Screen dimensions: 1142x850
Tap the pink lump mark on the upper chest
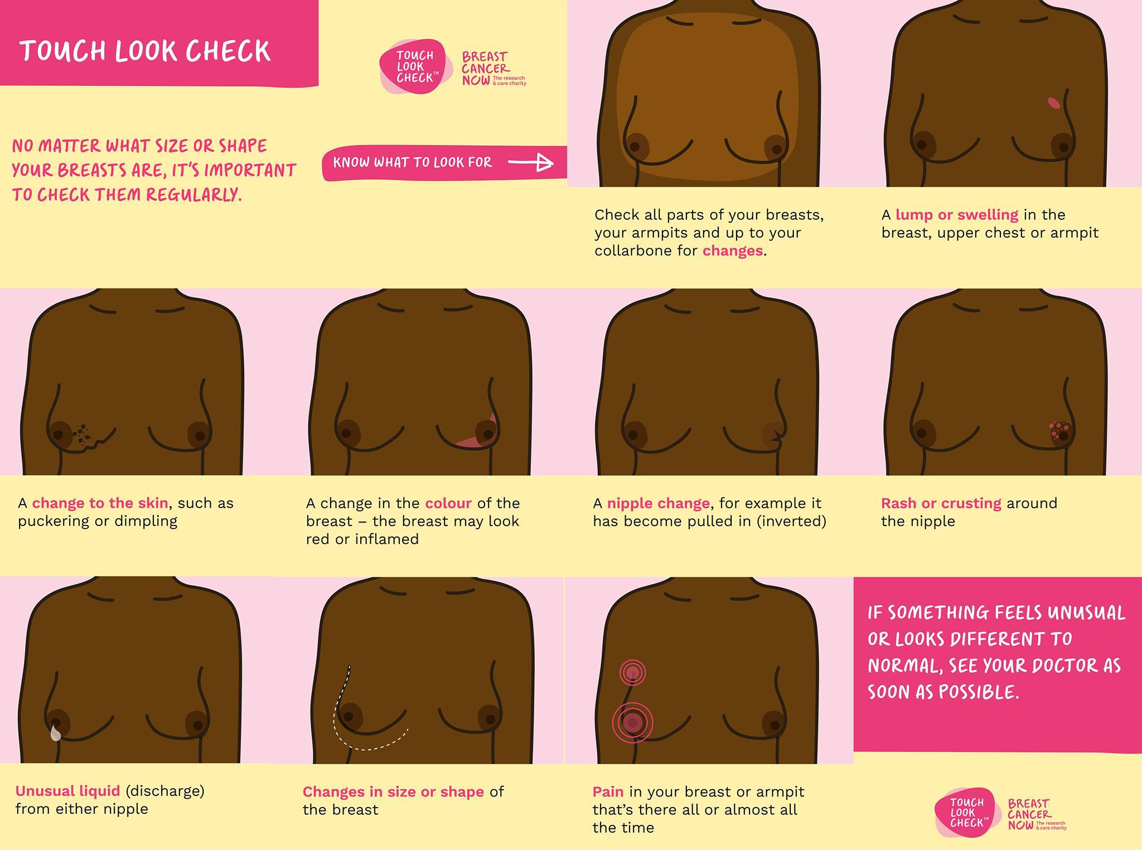tap(1053, 102)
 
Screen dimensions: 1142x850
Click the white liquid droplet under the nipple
tap(55, 732)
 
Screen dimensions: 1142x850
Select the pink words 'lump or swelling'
tap(957, 215)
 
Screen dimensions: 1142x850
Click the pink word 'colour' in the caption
tap(448, 503)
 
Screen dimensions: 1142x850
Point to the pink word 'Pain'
tap(608, 791)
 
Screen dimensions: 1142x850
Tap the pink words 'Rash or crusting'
tap(941, 503)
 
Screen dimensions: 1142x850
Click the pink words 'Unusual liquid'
tap(67, 791)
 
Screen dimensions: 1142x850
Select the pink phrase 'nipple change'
tap(659, 504)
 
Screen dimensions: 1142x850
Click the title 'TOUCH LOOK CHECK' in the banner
tap(145, 51)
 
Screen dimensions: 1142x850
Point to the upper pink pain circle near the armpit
tap(632, 673)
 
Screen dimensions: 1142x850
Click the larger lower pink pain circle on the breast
tap(632, 723)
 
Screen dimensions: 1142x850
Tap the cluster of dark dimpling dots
tap(83, 435)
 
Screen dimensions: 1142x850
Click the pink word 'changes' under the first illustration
tap(732, 250)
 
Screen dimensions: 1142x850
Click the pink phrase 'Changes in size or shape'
tap(393, 792)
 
